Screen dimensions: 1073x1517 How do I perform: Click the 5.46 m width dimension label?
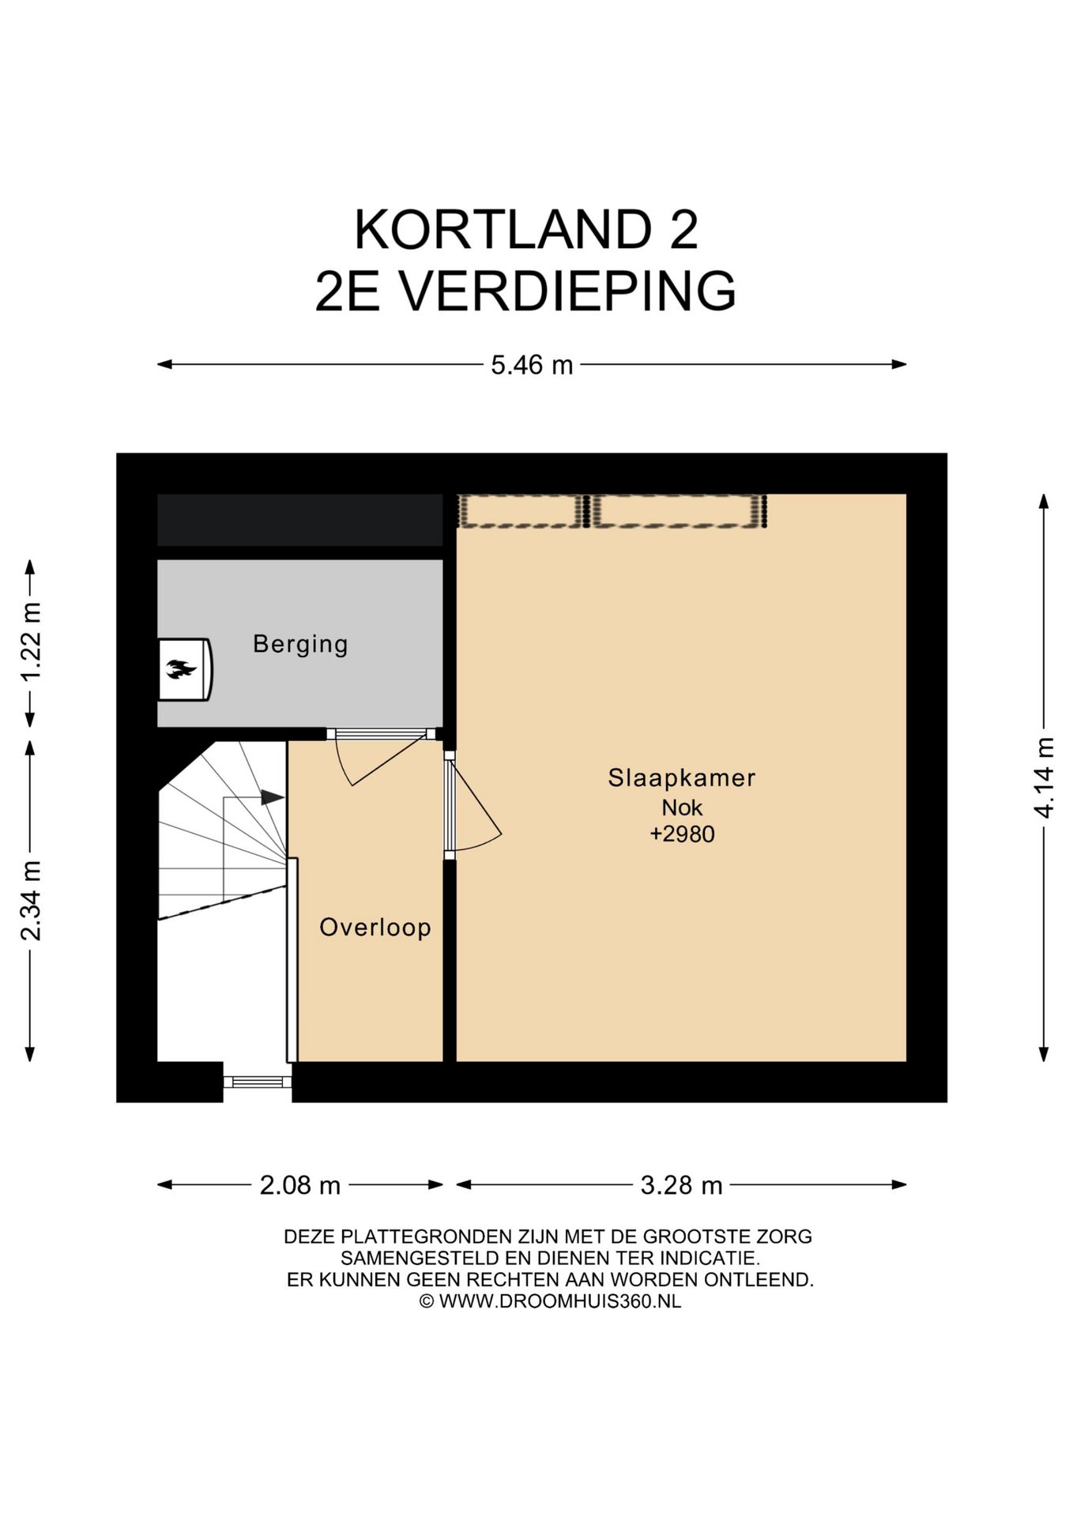pos(532,365)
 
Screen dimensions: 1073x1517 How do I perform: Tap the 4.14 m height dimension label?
pos(1045,777)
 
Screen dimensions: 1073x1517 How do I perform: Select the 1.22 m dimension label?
pos(31,642)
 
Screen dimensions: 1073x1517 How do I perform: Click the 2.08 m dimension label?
pos(300,1185)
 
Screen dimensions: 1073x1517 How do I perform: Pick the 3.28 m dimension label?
pos(681,1185)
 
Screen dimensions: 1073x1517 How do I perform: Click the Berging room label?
pos(300,644)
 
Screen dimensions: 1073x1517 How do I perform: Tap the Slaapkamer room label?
pos(681,777)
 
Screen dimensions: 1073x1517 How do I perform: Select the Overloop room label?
pos(375,927)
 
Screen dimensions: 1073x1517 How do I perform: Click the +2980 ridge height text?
pos(682,834)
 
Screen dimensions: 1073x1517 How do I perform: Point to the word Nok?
pos(682,807)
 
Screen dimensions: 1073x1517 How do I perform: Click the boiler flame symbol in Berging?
pos(180,670)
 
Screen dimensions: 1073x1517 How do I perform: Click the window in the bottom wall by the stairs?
pos(258,1082)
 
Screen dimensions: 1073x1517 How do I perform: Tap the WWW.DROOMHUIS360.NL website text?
pos(560,1301)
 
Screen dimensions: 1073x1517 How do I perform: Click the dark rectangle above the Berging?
pos(300,520)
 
